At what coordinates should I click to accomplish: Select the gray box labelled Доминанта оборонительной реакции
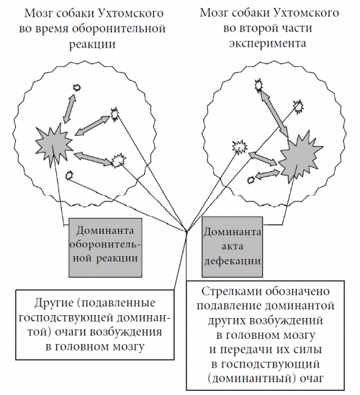click(105, 248)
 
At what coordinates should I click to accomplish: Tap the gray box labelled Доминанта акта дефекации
click(232, 247)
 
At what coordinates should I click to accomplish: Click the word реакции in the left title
click(93, 45)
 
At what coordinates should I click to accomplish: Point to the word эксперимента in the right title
click(267, 43)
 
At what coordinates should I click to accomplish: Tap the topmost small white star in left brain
click(76, 88)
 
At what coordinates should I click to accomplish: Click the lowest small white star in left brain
click(69, 175)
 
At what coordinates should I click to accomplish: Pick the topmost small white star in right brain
click(258, 85)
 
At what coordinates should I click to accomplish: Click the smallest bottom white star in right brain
click(251, 180)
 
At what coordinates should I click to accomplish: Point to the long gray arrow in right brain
click(274, 114)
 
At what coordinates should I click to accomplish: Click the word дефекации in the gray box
click(232, 261)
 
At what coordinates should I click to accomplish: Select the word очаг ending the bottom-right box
click(312, 378)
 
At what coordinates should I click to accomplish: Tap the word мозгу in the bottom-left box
click(128, 347)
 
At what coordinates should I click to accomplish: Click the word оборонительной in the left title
click(119, 29)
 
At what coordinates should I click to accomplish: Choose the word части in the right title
click(297, 28)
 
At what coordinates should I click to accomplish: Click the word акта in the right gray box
click(232, 246)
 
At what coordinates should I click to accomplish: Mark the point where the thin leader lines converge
click(186, 231)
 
